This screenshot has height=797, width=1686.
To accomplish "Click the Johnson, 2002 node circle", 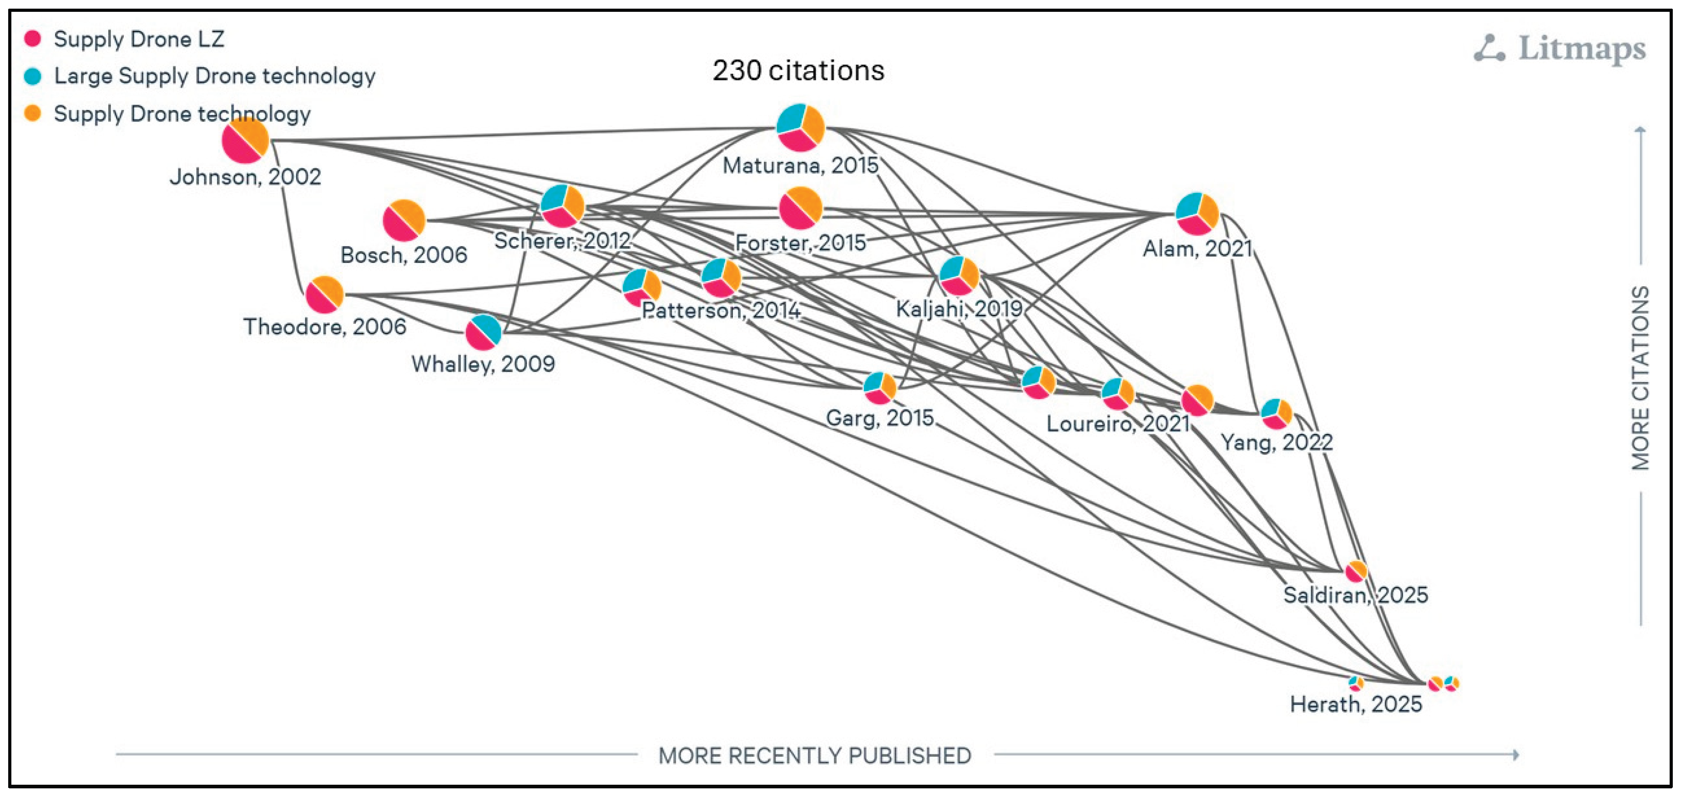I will pos(245,140).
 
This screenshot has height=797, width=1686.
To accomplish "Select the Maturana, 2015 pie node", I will pos(800,127).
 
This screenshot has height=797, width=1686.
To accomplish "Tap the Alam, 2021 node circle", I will pos(1197,214).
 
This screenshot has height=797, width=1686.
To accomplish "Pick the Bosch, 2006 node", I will pos(404,221).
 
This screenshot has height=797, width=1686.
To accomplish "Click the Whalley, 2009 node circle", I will pos(484,333).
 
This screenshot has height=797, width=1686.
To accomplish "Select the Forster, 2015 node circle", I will pos(800,208).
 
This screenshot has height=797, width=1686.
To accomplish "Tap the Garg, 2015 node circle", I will pos(880,388).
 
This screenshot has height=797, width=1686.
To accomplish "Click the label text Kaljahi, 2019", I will pos(959,309).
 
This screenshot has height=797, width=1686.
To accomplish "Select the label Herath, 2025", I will pos(1355,705).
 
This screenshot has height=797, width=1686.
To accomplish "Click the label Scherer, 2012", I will pos(561,241).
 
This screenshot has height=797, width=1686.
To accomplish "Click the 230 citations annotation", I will pos(798,71).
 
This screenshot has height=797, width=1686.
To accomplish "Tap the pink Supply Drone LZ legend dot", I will pos(32,39).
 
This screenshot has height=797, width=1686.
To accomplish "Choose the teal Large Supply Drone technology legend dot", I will pos(32,76).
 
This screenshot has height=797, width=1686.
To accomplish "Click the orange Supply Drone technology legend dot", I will pos(32,113).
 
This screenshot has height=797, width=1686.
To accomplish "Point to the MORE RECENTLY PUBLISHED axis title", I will pos(814,756).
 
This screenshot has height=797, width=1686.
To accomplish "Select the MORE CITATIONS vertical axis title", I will pos(1640,378).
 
